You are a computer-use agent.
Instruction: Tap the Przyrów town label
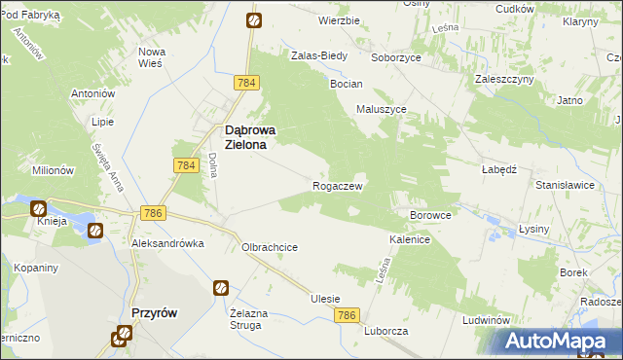pyautogui.click(x=152, y=313)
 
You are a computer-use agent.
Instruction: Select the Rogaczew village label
pyautogui.click(x=338, y=185)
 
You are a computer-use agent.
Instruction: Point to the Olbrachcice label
pyautogui.click(x=270, y=247)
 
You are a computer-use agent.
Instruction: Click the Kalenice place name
pyautogui.click(x=410, y=238)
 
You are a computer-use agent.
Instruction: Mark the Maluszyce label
pyautogui.click(x=381, y=110)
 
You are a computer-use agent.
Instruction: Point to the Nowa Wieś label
pyautogui.click(x=152, y=57)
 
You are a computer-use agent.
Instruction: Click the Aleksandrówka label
pyautogui.click(x=167, y=244)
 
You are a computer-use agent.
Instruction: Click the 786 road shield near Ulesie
pyautogui.click(x=348, y=316)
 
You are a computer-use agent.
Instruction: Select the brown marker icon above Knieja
pyautogui.click(x=38, y=207)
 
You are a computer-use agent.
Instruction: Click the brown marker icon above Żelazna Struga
pyautogui.click(x=221, y=288)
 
